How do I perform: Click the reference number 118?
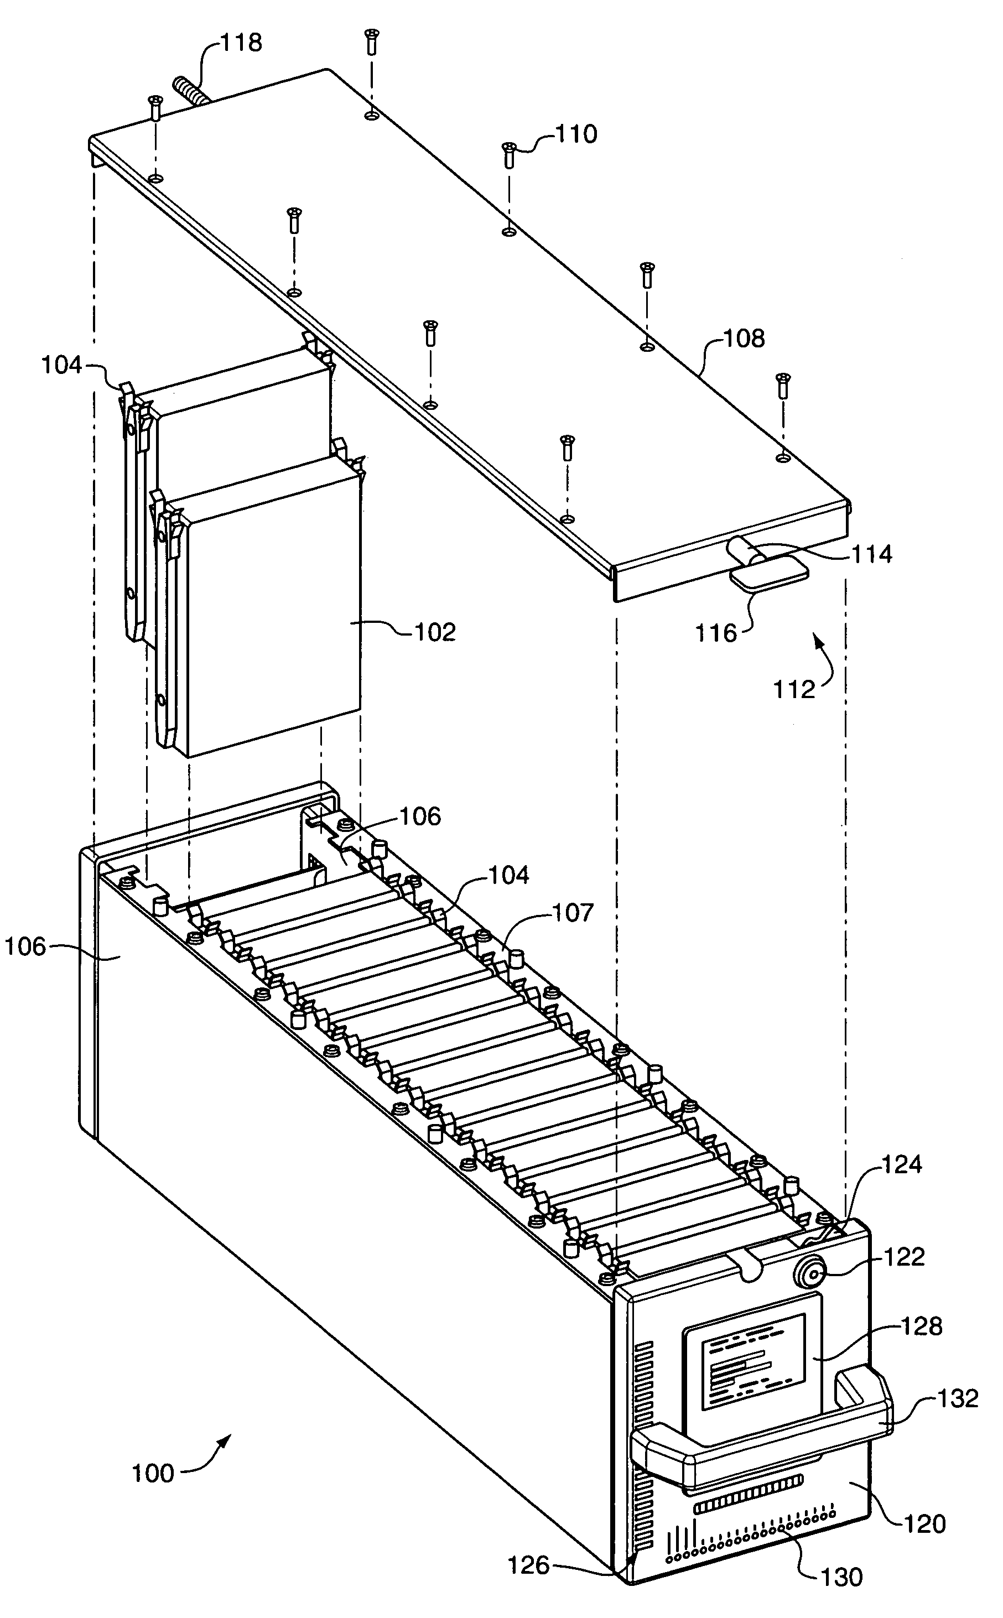(241, 43)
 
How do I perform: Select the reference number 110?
(576, 134)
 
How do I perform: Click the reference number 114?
(872, 554)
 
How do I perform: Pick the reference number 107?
(574, 913)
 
